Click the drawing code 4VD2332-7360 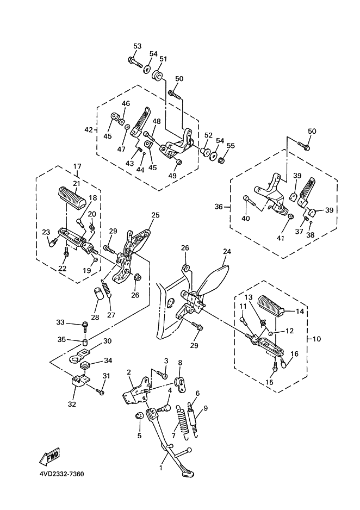pos(61,474)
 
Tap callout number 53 pos(137,46)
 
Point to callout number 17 pos(77,166)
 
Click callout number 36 pos(219,207)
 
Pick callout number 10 pos(317,339)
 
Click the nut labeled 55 pos(222,160)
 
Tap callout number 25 pos(156,216)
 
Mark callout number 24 pos(227,251)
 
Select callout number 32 pos(72,404)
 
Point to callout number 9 pos(206,408)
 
